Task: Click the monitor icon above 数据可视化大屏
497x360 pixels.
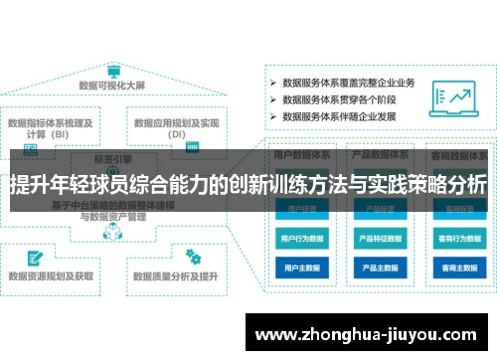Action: coord(113,73)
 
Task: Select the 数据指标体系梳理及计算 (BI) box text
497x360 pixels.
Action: coord(51,129)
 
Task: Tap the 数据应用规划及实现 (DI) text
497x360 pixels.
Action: coord(177,129)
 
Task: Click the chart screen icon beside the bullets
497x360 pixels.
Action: coord(451,95)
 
